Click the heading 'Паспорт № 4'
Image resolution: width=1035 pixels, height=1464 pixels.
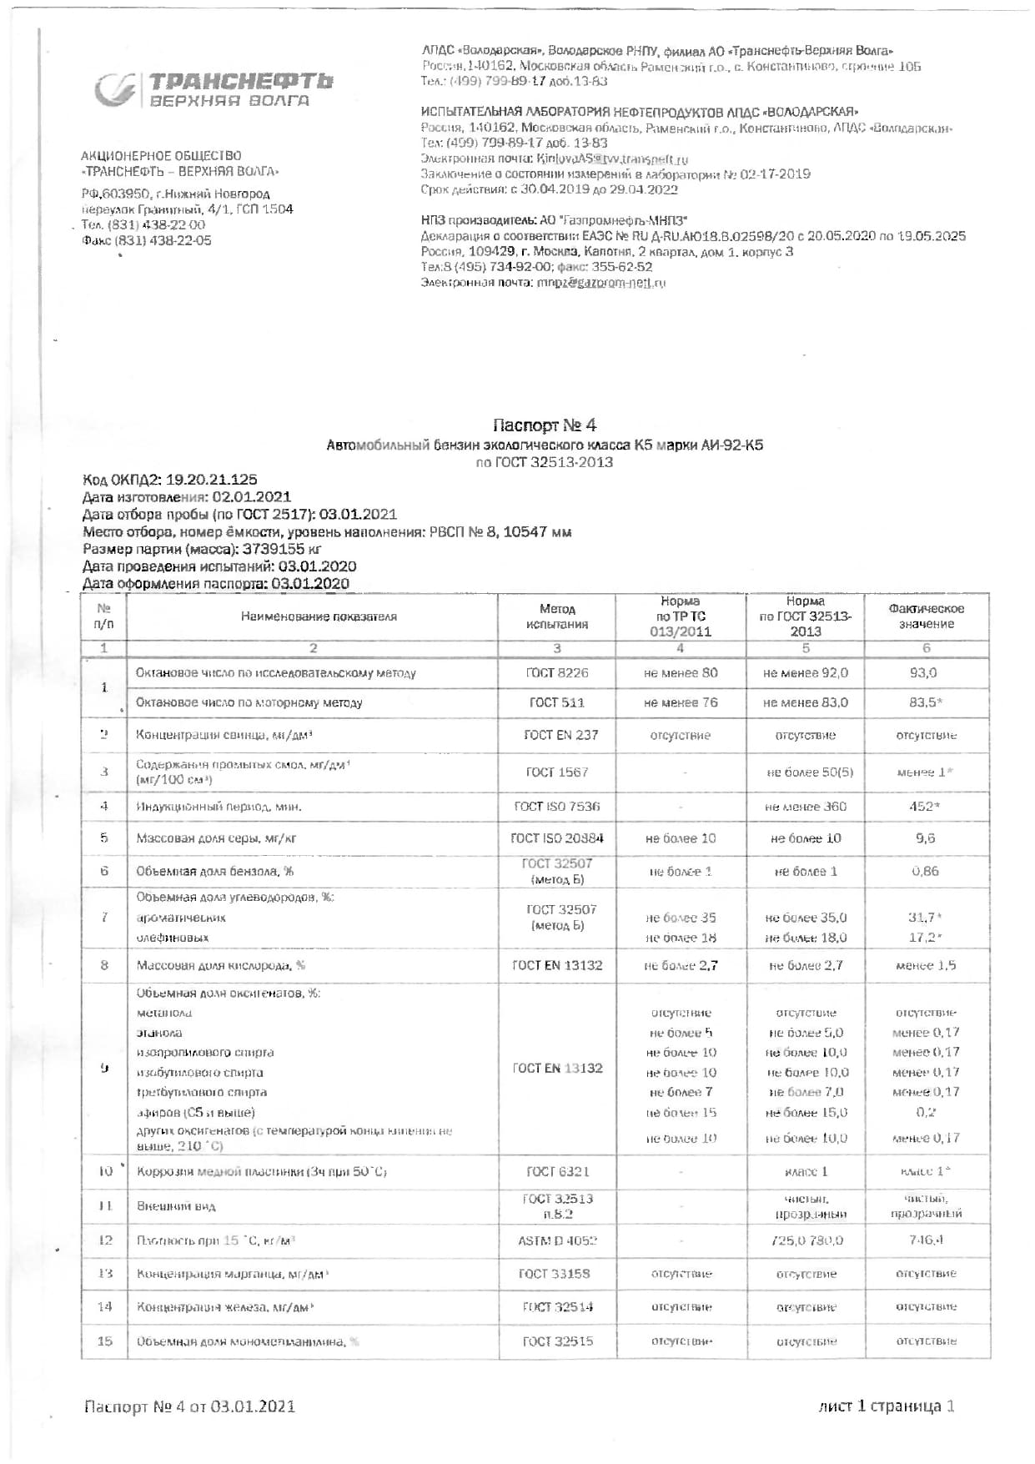click(x=544, y=425)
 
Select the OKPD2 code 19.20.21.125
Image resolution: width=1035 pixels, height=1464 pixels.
click(x=211, y=480)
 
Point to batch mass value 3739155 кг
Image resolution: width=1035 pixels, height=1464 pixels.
click(x=281, y=549)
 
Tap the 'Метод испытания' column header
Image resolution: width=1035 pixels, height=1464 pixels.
click(x=556, y=616)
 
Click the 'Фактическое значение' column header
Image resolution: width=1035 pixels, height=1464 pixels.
click(x=926, y=616)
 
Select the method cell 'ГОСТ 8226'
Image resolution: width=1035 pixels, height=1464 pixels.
click(x=556, y=672)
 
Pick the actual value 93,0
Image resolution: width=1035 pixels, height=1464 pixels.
click(x=922, y=672)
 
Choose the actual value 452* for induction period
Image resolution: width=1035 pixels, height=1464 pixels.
click(x=926, y=806)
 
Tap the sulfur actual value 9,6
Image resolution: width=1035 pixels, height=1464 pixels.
click(x=925, y=838)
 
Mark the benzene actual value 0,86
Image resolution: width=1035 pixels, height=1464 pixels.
click(x=925, y=871)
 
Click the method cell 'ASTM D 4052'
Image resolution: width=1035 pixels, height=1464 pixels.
click(x=557, y=1240)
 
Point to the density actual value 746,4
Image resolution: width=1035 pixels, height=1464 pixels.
click(x=926, y=1240)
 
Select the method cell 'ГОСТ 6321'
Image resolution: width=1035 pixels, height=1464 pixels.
click(x=557, y=1171)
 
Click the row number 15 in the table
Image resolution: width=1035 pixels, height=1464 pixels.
click(x=105, y=1341)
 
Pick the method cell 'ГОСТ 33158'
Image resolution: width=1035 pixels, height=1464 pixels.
click(x=557, y=1274)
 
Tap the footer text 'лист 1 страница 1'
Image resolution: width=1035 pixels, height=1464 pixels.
click(x=886, y=1406)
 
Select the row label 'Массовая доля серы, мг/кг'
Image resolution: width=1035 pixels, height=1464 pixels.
click(x=216, y=838)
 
